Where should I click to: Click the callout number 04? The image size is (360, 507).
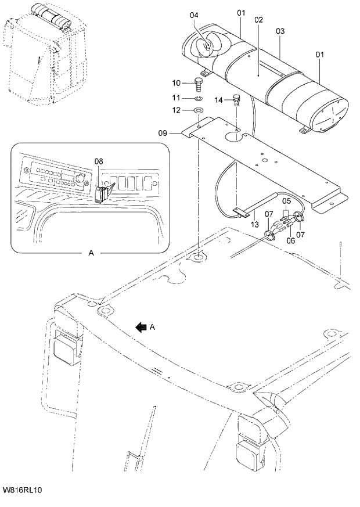click(x=193, y=15)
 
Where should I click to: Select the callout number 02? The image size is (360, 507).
click(x=258, y=20)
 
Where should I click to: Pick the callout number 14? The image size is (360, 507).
click(x=218, y=100)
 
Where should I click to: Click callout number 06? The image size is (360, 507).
click(x=290, y=240)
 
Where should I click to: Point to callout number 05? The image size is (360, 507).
click(x=286, y=201)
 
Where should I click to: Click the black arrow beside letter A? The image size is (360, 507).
click(x=141, y=327)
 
